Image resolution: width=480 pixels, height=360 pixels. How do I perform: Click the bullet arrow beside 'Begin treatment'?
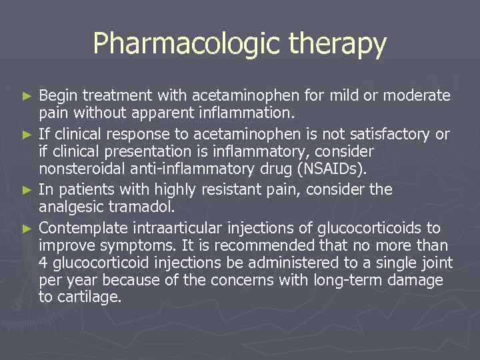tap(27, 97)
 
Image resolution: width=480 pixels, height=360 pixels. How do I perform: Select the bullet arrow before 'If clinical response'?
tap(27, 135)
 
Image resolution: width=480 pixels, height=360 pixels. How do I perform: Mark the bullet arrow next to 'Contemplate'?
tap(27, 228)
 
